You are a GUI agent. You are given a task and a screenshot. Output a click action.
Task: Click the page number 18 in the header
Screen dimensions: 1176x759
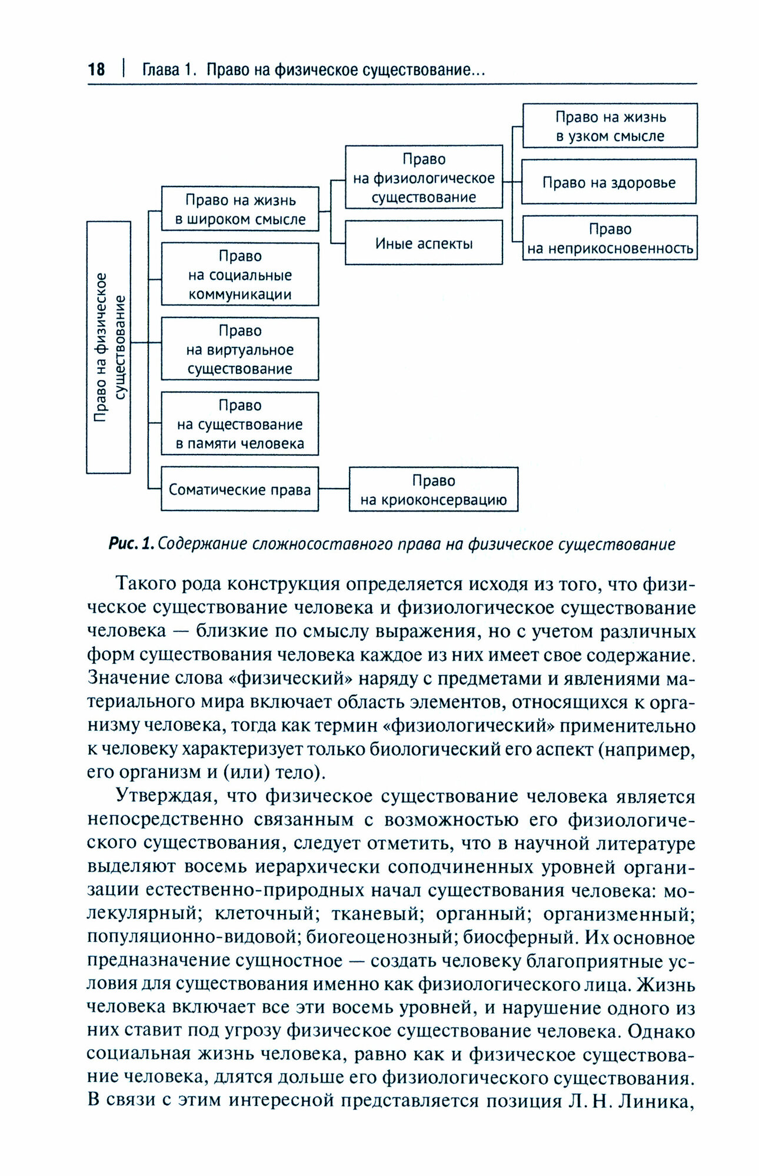[96, 70]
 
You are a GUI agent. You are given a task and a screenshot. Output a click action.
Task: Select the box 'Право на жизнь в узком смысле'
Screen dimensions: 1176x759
[610, 126]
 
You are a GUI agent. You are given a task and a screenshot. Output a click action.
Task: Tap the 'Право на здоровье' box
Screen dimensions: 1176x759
[608, 182]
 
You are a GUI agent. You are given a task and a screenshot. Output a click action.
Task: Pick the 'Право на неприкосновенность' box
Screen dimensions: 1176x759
[610, 238]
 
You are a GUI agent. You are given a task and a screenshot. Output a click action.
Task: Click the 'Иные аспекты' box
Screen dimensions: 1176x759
[424, 243]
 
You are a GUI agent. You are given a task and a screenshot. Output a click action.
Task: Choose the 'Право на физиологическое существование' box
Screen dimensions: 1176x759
[424, 178]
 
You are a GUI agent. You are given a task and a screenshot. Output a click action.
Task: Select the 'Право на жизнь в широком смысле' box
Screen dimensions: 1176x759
[240, 209]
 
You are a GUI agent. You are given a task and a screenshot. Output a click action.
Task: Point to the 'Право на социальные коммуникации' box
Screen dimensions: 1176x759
[240, 275]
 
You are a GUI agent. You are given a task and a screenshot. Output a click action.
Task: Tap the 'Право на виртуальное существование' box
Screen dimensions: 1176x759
[240, 349]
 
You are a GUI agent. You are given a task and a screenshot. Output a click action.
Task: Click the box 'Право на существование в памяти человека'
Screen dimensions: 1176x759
[240, 424]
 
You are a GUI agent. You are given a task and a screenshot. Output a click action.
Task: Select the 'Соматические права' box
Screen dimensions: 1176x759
[240, 489]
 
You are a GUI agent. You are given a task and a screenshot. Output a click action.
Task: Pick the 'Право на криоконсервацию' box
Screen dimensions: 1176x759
[434, 490]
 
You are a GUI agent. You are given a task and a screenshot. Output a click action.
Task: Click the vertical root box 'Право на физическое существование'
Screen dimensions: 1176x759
[109, 347]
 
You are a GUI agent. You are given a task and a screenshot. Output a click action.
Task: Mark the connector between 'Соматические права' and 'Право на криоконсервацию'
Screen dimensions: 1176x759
[334, 489]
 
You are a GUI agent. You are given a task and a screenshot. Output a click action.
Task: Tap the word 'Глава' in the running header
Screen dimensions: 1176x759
[160, 70]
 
